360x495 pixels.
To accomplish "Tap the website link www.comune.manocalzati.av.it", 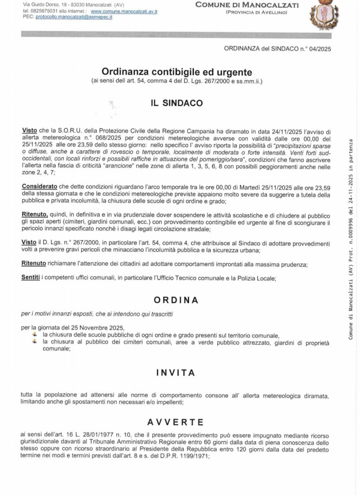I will (124, 11).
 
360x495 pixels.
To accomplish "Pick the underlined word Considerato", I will (40, 187).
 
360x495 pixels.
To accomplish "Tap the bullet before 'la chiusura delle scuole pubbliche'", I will (35, 335).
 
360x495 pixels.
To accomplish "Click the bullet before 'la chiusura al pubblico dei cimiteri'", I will (35, 342).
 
